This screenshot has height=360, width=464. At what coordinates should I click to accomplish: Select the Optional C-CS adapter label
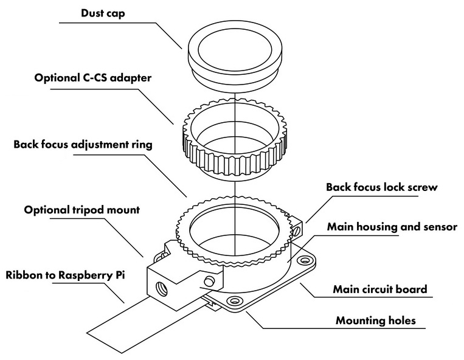pos(93,78)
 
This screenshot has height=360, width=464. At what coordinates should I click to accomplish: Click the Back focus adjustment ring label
pos(83,145)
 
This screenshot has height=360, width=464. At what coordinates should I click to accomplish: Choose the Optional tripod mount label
pos(82,210)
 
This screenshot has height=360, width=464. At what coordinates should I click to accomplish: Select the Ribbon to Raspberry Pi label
pos(65,275)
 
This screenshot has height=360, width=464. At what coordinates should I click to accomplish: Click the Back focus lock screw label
pos(381,187)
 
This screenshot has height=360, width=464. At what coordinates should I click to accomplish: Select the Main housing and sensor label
pos(392,227)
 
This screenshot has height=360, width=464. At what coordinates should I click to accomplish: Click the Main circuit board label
pos(380,289)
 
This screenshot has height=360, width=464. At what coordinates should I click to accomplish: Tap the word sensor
pos(440,227)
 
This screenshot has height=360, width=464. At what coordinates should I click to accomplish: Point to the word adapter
pos(130,78)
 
